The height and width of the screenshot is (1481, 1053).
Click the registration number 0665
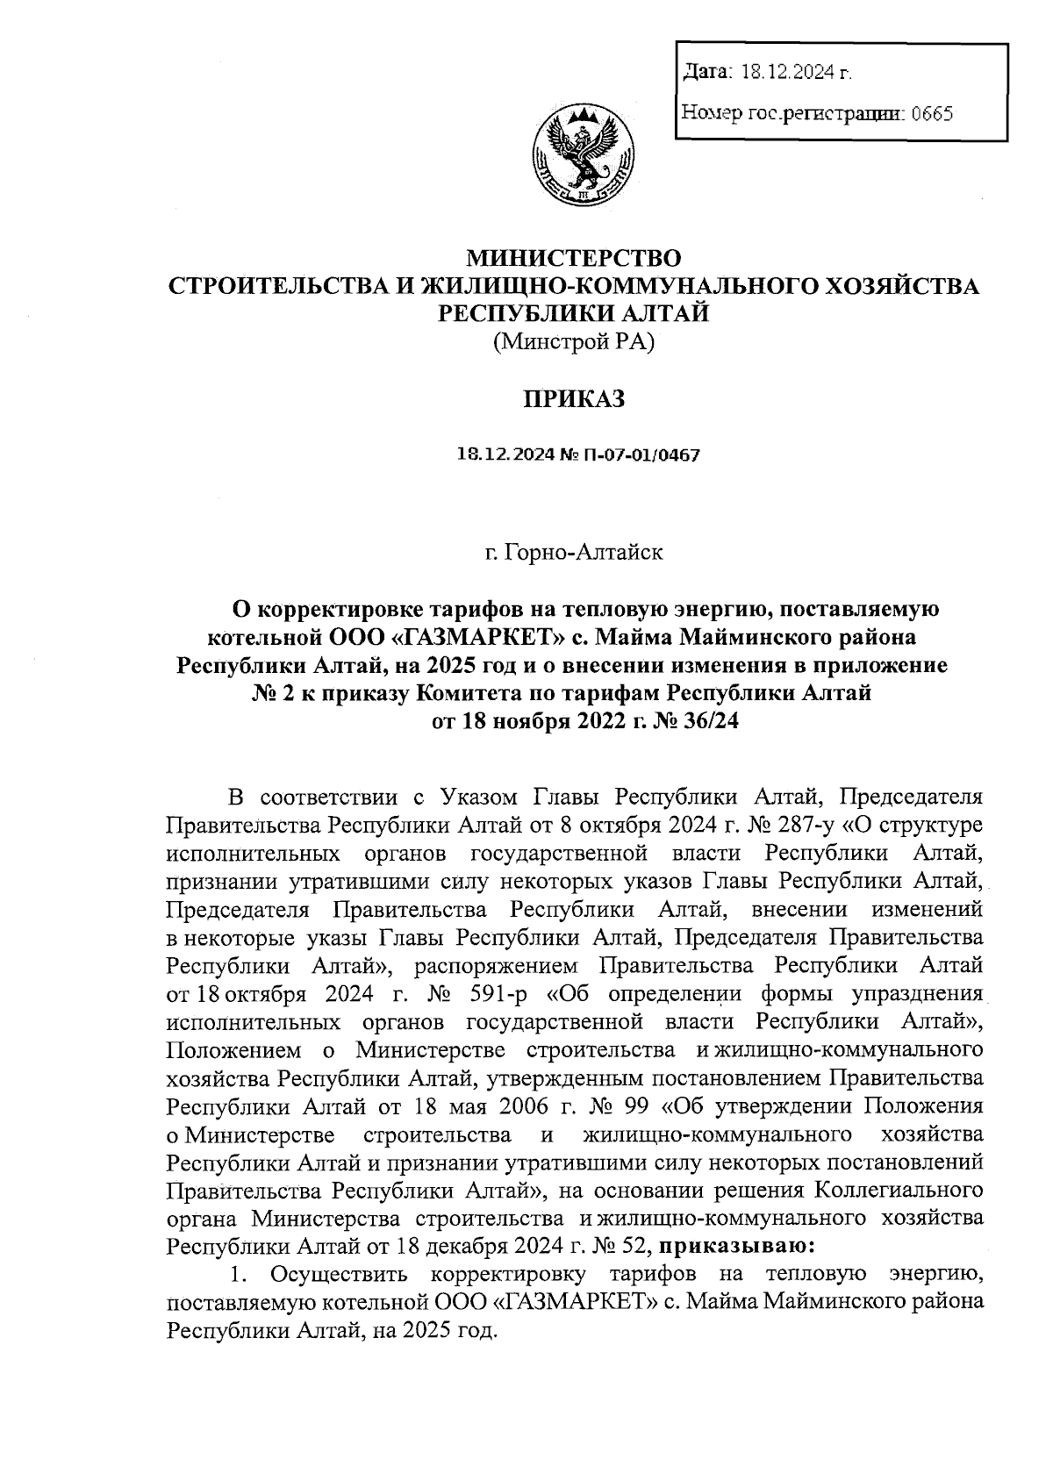tap(932, 113)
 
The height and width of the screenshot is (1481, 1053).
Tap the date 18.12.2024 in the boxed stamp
tap(787, 73)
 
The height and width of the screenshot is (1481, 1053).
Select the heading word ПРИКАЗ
tap(574, 400)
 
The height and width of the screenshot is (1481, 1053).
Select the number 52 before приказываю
tap(631, 1245)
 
